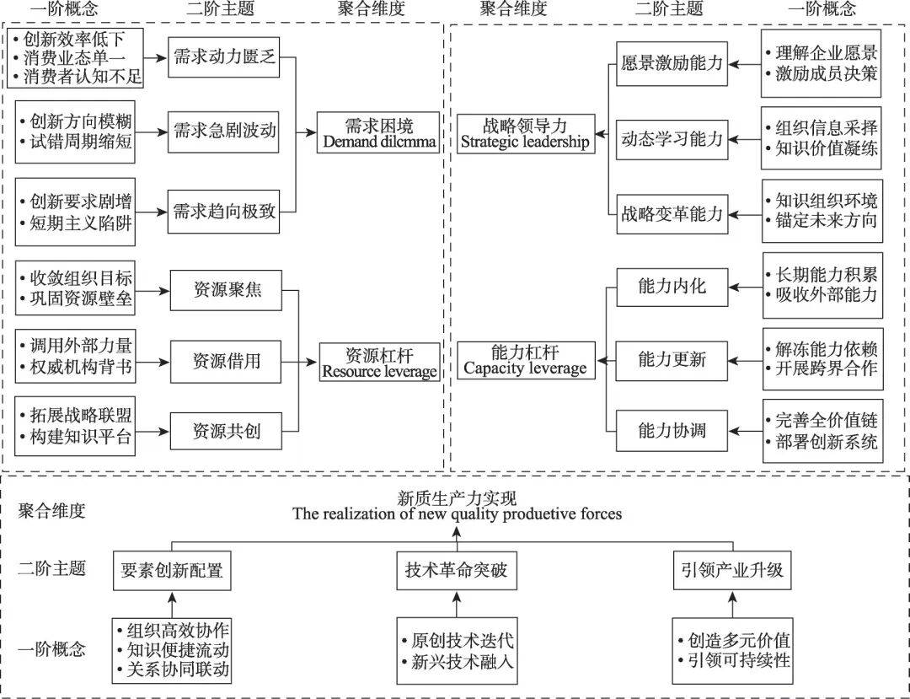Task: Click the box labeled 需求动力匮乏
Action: [222, 58]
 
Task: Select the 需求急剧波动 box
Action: [222, 130]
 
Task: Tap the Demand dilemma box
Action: [380, 132]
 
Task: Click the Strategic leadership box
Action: [525, 132]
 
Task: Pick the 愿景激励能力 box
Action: [672, 63]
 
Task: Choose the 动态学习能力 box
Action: [672, 138]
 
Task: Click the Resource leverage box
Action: [380, 362]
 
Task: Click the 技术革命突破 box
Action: [456, 570]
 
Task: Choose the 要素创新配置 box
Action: [172, 570]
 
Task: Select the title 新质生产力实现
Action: [456, 498]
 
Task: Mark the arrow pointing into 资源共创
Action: [153, 433]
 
